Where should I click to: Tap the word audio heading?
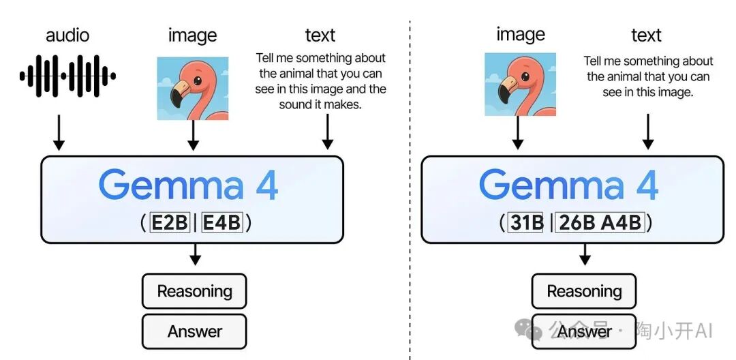click(68, 35)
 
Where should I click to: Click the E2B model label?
click(170, 223)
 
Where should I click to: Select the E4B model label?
click(222, 223)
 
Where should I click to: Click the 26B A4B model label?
click(600, 223)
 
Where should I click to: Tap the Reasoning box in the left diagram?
click(194, 292)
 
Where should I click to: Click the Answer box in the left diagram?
click(194, 332)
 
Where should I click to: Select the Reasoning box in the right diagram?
click(584, 292)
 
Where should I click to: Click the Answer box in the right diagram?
click(584, 332)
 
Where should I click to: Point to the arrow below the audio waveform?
click(59, 132)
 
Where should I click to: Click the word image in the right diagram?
click(521, 35)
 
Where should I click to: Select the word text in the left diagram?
click(320, 35)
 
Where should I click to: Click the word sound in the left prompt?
click(294, 104)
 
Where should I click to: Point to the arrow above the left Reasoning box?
click(196, 256)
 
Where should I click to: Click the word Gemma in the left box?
click(171, 185)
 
